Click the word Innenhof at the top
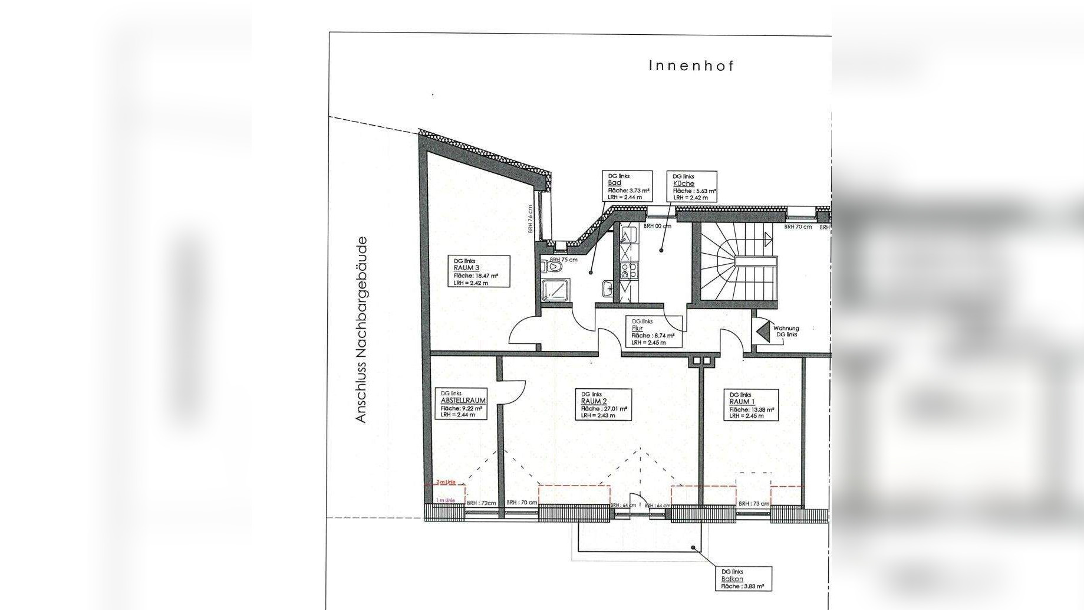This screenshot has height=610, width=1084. pos(691,66)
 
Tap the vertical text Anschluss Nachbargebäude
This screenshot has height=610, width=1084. pos(361,330)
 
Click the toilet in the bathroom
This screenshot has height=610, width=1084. pos(553,267)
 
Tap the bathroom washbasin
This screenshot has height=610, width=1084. pos(607,288)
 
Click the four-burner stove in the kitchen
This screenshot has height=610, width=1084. pos(628,271)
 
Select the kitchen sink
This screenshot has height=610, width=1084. pos(625,238)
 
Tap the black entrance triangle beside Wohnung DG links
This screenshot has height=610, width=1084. pos(763,330)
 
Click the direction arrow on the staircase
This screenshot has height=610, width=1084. pos(767,239)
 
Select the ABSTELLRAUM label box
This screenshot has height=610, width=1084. pos(463,404)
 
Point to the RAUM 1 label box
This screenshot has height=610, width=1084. pos(752,405)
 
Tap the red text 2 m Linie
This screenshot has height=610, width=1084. pos(446,483)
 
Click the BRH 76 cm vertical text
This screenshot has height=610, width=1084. pos(531,219)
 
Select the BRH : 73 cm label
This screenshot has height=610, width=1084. pos(754,504)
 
